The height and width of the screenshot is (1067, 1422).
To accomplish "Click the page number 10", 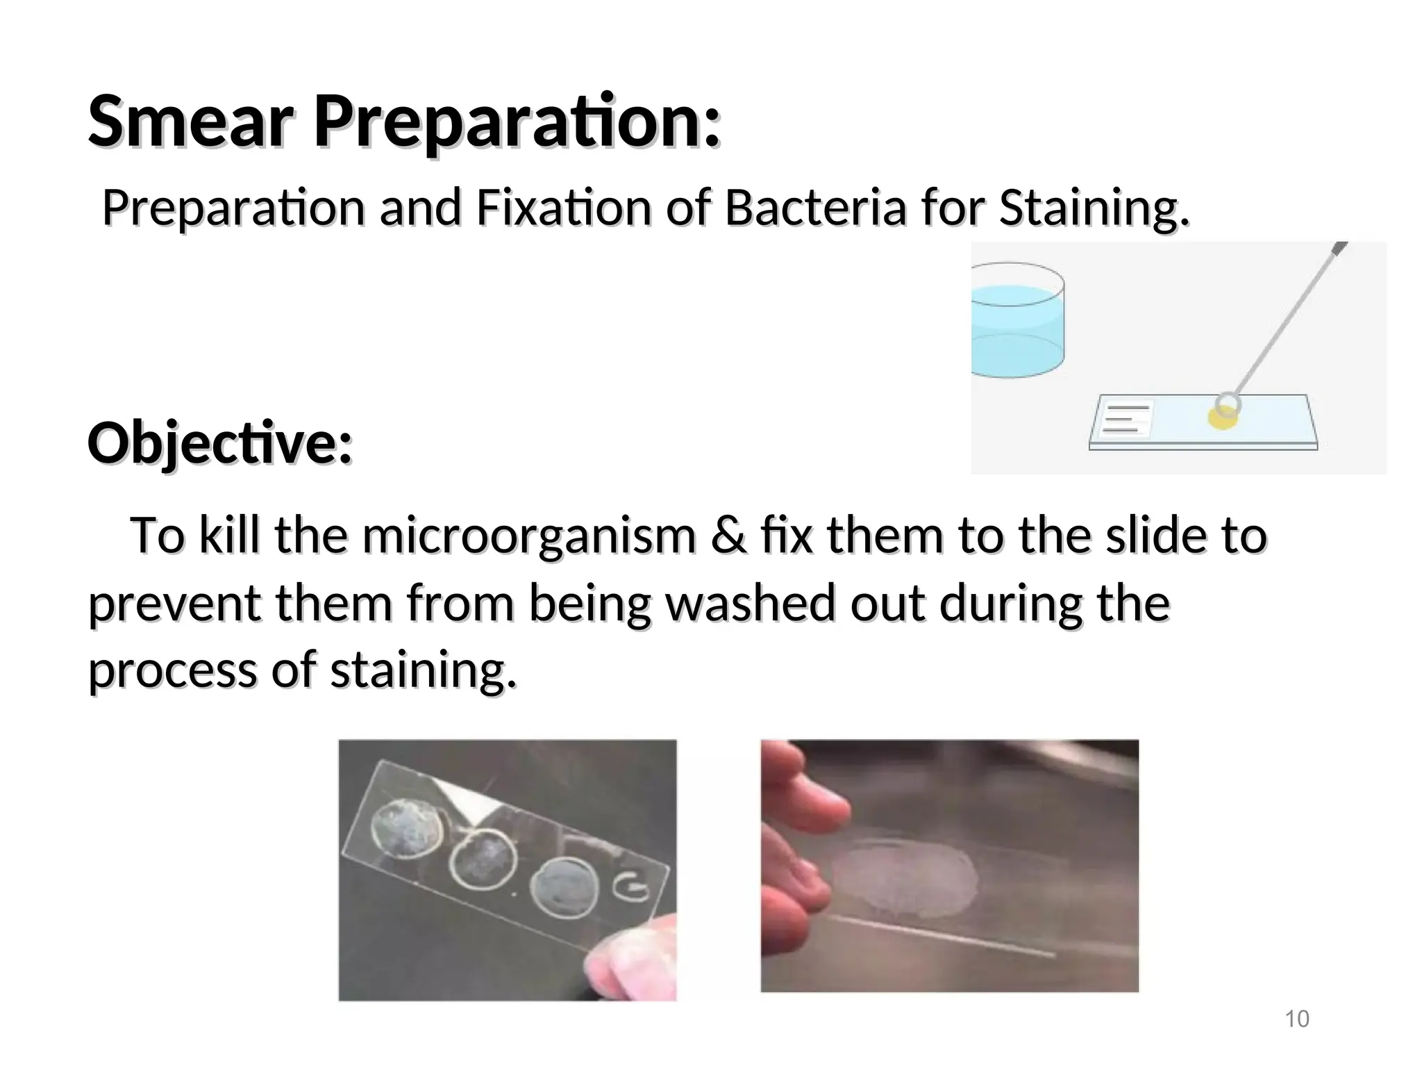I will pos(1296,1019).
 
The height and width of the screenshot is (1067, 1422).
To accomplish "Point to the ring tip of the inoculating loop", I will pos(1228,404).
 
